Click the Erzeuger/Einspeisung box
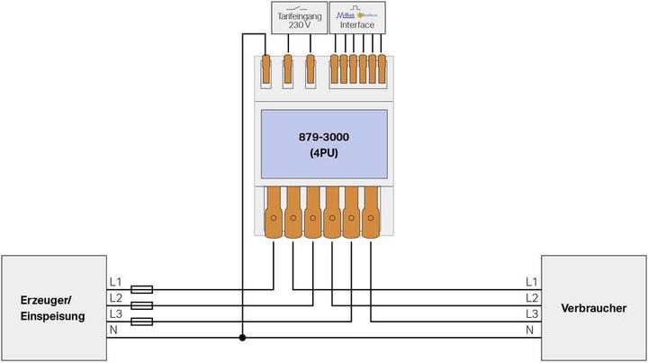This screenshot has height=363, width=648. (x=52, y=308)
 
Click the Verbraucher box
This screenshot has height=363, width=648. (x=593, y=308)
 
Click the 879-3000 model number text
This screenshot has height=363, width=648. (x=324, y=136)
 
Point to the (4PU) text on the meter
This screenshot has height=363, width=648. (x=324, y=153)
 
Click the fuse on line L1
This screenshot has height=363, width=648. (x=141, y=290)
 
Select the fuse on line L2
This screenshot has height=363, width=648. (x=141, y=305)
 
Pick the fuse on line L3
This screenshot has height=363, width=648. (x=141, y=321)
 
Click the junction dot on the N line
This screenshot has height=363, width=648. (x=242, y=339)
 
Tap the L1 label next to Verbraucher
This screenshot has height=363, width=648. (x=532, y=282)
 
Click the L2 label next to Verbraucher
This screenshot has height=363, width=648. (x=532, y=297)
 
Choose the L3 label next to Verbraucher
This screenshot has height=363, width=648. (x=532, y=313)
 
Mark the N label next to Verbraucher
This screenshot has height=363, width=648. (x=532, y=330)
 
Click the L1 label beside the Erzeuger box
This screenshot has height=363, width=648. (x=115, y=282)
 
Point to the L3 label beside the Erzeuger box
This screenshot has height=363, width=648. (x=115, y=313)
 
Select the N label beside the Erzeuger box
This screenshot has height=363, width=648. (x=113, y=330)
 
